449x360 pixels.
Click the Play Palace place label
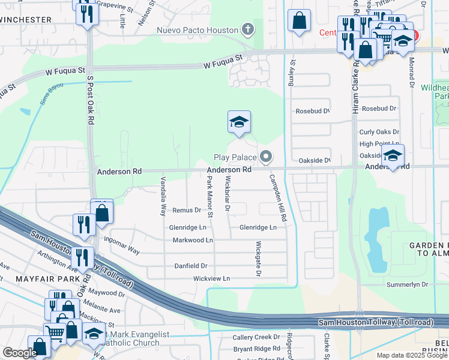point(235,158)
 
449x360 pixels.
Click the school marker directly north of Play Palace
point(239,122)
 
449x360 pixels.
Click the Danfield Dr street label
point(191,265)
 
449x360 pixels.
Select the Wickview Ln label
point(211,279)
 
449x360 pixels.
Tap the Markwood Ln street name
point(193,240)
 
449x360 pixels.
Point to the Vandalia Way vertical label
point(163,196)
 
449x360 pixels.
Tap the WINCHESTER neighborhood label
point(26,20)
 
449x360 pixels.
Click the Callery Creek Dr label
point(256,337)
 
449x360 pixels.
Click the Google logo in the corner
point(20,353)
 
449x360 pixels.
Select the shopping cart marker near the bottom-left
point(55,332)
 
